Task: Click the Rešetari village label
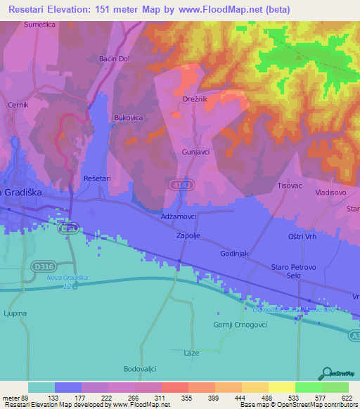[x=97, y=178]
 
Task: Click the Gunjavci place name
[x=196, y=151]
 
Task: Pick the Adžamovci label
[x=179, y=217]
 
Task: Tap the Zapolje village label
[x=189, y=236]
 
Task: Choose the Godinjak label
[x=235, y=253]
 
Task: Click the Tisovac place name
[x=290, y=186]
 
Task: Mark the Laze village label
[x=191, y=352]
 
